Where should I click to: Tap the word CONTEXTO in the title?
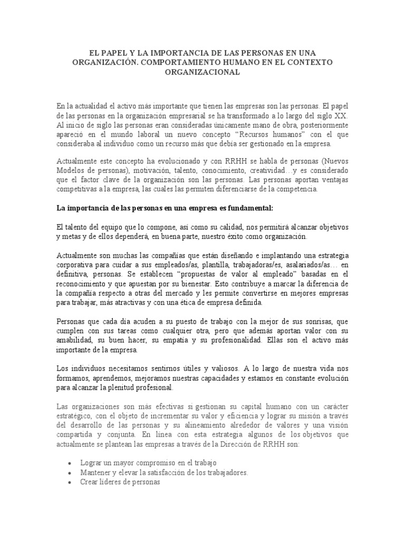[302, 62]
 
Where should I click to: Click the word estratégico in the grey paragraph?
[75, 416]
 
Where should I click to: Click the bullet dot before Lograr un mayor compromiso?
[70, 463]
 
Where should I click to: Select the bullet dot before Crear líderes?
[70, 482]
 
